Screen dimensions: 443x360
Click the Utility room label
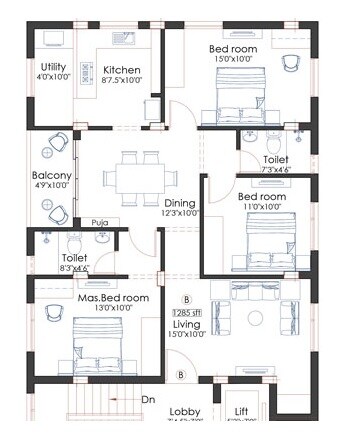click(53, 67)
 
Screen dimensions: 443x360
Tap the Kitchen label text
click(122, 70)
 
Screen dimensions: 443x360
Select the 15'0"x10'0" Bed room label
click(233, 49)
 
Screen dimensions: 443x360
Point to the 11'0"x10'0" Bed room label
click(261, 197)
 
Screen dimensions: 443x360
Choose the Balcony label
click(51, 176)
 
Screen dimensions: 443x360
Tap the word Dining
click(180, 203)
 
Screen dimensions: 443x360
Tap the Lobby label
click(185, 412)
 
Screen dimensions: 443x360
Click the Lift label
click(242, 412)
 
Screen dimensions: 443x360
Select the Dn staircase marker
click(148, 400)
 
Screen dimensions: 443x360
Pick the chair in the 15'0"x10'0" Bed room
click(290, 62)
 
